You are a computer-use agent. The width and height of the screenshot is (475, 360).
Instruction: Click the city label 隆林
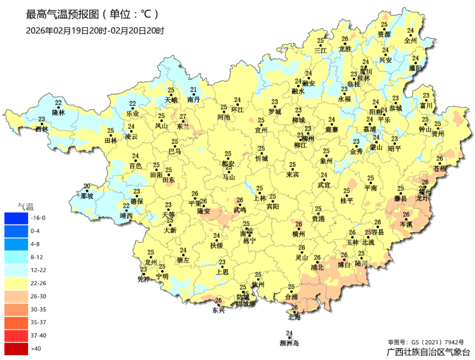(58, 113)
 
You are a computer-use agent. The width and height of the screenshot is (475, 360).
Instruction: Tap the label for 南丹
(194, 100)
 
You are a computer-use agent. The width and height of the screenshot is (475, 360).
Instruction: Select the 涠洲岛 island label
(289, 343)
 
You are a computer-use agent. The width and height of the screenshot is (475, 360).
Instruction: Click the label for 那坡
(87, 196)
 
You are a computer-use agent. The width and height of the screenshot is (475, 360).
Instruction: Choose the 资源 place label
(384, 35)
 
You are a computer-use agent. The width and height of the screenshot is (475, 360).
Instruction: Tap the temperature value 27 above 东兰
(183, 117)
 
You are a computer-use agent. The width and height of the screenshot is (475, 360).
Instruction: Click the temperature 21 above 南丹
(194, 90)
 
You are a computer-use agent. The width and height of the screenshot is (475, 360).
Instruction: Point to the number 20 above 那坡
(87, 186)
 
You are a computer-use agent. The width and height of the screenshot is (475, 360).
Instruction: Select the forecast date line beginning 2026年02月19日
(95, 30)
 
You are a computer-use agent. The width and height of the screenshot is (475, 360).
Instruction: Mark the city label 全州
(411, 41)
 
